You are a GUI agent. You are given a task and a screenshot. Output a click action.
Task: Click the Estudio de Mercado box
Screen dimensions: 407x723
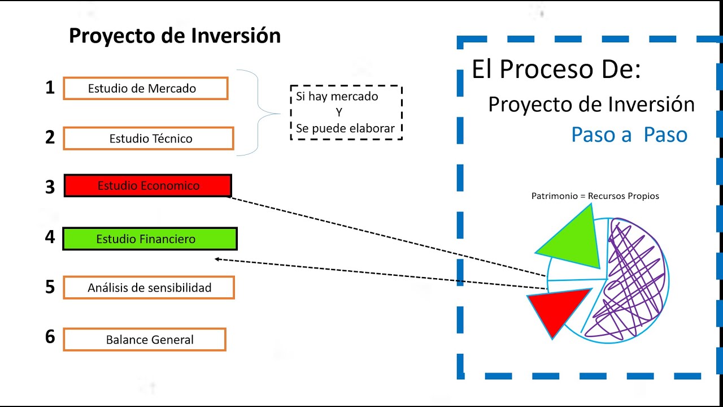coord(145,89)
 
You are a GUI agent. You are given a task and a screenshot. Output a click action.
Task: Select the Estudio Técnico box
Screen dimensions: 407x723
coord(148,138)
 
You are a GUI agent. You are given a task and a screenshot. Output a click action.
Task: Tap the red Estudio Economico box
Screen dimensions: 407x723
coord(147,185)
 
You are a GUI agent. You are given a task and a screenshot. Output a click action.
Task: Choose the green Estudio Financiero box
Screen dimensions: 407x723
coord(150,239)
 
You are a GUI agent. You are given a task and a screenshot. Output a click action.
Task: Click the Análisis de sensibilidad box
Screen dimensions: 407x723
coord(149,287)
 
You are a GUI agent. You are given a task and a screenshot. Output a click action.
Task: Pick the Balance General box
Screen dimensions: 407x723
coord(145,340)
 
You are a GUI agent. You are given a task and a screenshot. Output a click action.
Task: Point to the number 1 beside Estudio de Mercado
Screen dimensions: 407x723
coord(50,88)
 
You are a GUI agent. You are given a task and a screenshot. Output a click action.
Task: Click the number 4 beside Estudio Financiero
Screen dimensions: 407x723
coord(50,237)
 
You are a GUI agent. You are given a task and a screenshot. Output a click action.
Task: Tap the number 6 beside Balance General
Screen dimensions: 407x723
coord(50,337)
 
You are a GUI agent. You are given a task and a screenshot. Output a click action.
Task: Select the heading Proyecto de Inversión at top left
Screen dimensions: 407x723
coord(175,36)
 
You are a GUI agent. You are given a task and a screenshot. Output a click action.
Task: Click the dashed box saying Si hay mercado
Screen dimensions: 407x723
coord(346,112)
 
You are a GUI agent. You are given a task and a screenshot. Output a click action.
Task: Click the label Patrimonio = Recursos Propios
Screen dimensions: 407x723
coord(595,196)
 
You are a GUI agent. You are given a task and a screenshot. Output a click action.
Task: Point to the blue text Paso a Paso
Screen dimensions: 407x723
coord(629,135)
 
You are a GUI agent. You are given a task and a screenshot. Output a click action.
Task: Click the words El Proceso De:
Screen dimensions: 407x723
coord(556,70)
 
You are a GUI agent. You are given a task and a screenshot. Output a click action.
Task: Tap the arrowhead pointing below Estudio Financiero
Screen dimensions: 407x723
coord(217,259)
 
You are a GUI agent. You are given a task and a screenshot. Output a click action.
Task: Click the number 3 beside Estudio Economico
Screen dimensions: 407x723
coord(50,187)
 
